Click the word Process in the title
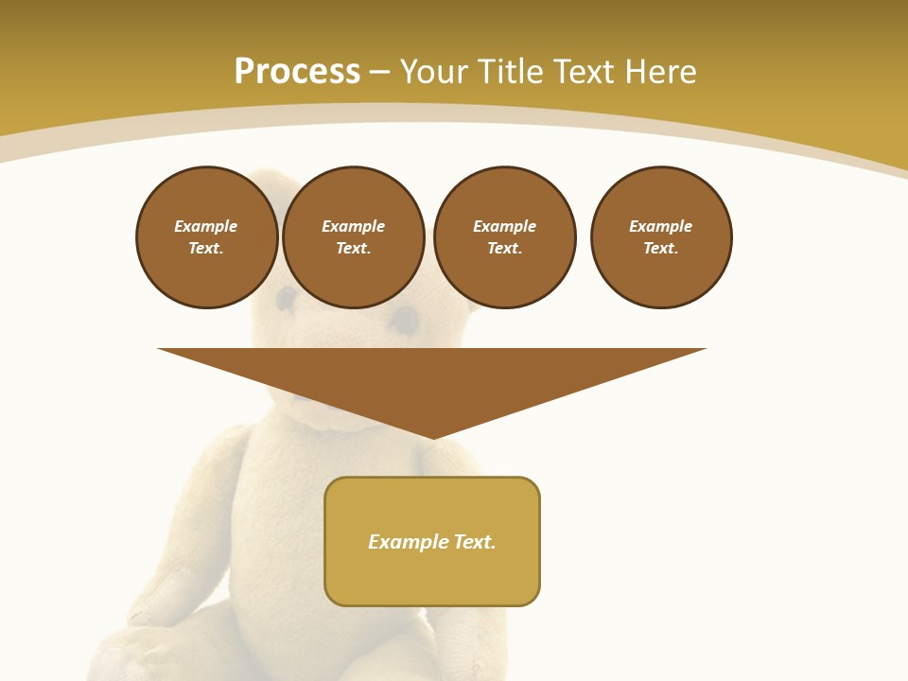297,72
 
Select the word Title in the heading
515,72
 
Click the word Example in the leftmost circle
205,226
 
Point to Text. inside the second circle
353,248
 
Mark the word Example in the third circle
504,226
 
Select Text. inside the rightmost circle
660,248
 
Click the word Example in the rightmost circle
660,226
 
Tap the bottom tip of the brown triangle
432,436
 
